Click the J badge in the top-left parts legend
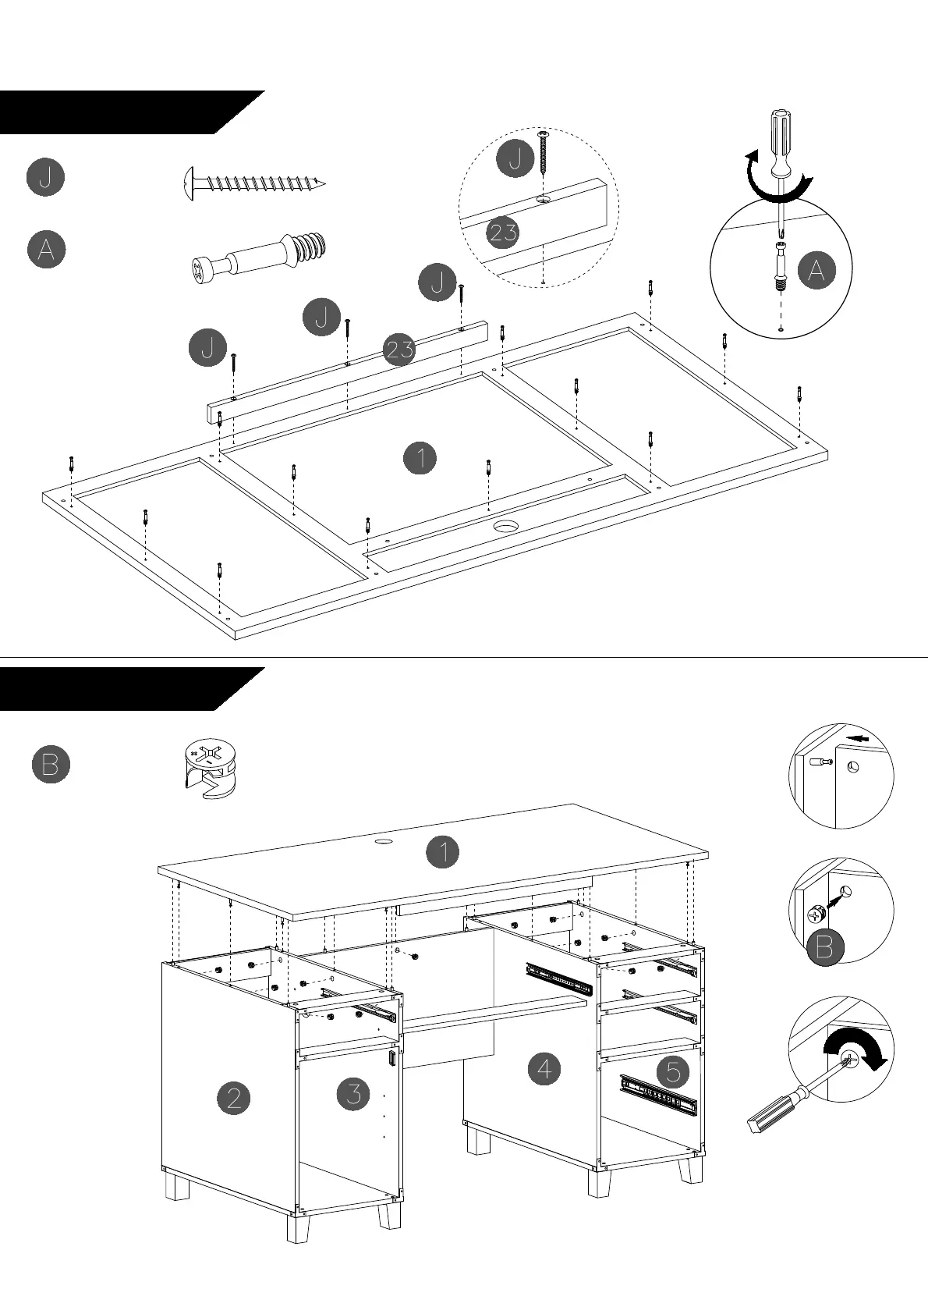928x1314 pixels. coord(45,177)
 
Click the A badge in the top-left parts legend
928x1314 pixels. coord(46,250)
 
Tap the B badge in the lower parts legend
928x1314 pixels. coord(51,764)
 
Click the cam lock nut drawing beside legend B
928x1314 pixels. coord(208,771)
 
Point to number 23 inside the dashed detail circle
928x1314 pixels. coord(503,232)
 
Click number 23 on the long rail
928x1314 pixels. coord(399,349)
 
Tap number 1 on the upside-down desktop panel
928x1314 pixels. coord(420,457)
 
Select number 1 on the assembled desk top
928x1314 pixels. coord(443,851)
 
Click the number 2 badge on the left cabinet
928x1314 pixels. coord(233,1099)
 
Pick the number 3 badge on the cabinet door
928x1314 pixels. coord(353,1093)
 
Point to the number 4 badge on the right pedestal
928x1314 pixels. coord(544,1068)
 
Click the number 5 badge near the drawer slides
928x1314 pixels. coord(673,1071)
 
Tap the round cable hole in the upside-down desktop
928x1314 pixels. coord(508,527)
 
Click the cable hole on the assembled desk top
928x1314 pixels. coord(383,843)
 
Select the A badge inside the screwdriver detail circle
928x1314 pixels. coord(816,271)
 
